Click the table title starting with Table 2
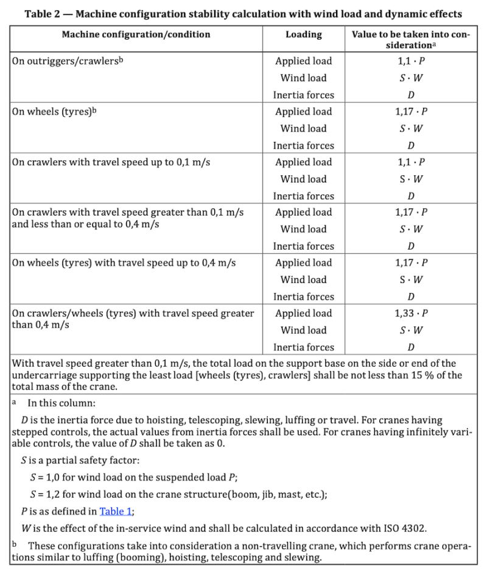(243, 14)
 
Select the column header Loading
(303, 35)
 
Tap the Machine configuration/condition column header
(136, 35)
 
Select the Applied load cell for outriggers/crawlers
(303, 61)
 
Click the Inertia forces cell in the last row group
(303, 348)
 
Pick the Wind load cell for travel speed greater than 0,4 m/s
(303, 331)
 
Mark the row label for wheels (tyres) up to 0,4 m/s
(124, 263)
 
